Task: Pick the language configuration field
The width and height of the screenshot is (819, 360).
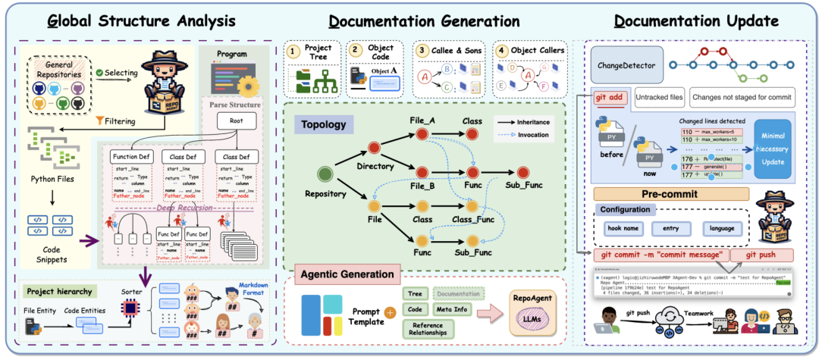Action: pos(723,228)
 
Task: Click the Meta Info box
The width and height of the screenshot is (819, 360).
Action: pos(453,308)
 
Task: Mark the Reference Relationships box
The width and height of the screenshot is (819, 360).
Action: pos(428,328)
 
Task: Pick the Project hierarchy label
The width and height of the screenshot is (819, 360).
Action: pos(60,291)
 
